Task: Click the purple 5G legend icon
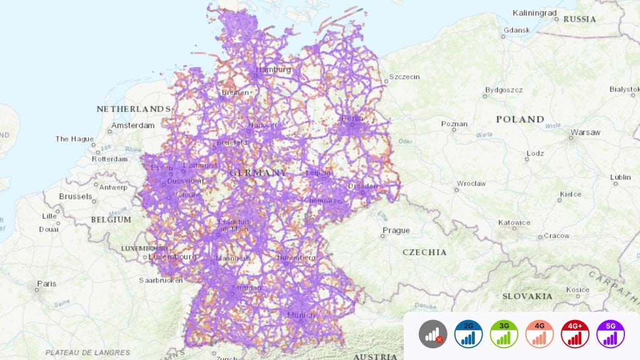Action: [x=611, y=334]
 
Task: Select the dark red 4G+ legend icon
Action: [x=575, y=334]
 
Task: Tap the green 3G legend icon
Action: [x=504, y=334]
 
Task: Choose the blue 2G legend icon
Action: [x=468, y=334]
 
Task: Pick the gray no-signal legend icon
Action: [x=432, y=334]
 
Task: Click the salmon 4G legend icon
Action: [x=539, y=334]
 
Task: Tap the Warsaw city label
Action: [x=585, y=132]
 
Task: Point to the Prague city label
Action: [x=396, y=230]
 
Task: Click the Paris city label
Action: [x=46, y=283]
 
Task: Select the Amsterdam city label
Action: [x=132, y=125]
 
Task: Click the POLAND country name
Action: [x=520, y=119]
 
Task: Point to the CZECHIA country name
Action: [x=424, y=252]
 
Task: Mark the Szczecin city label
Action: [x=404, y=77]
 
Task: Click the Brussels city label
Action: [x=76, y=196]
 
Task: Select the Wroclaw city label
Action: [x=471, y=184]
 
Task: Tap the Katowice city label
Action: [x=514, y=222]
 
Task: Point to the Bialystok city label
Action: [x=624, y=89]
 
